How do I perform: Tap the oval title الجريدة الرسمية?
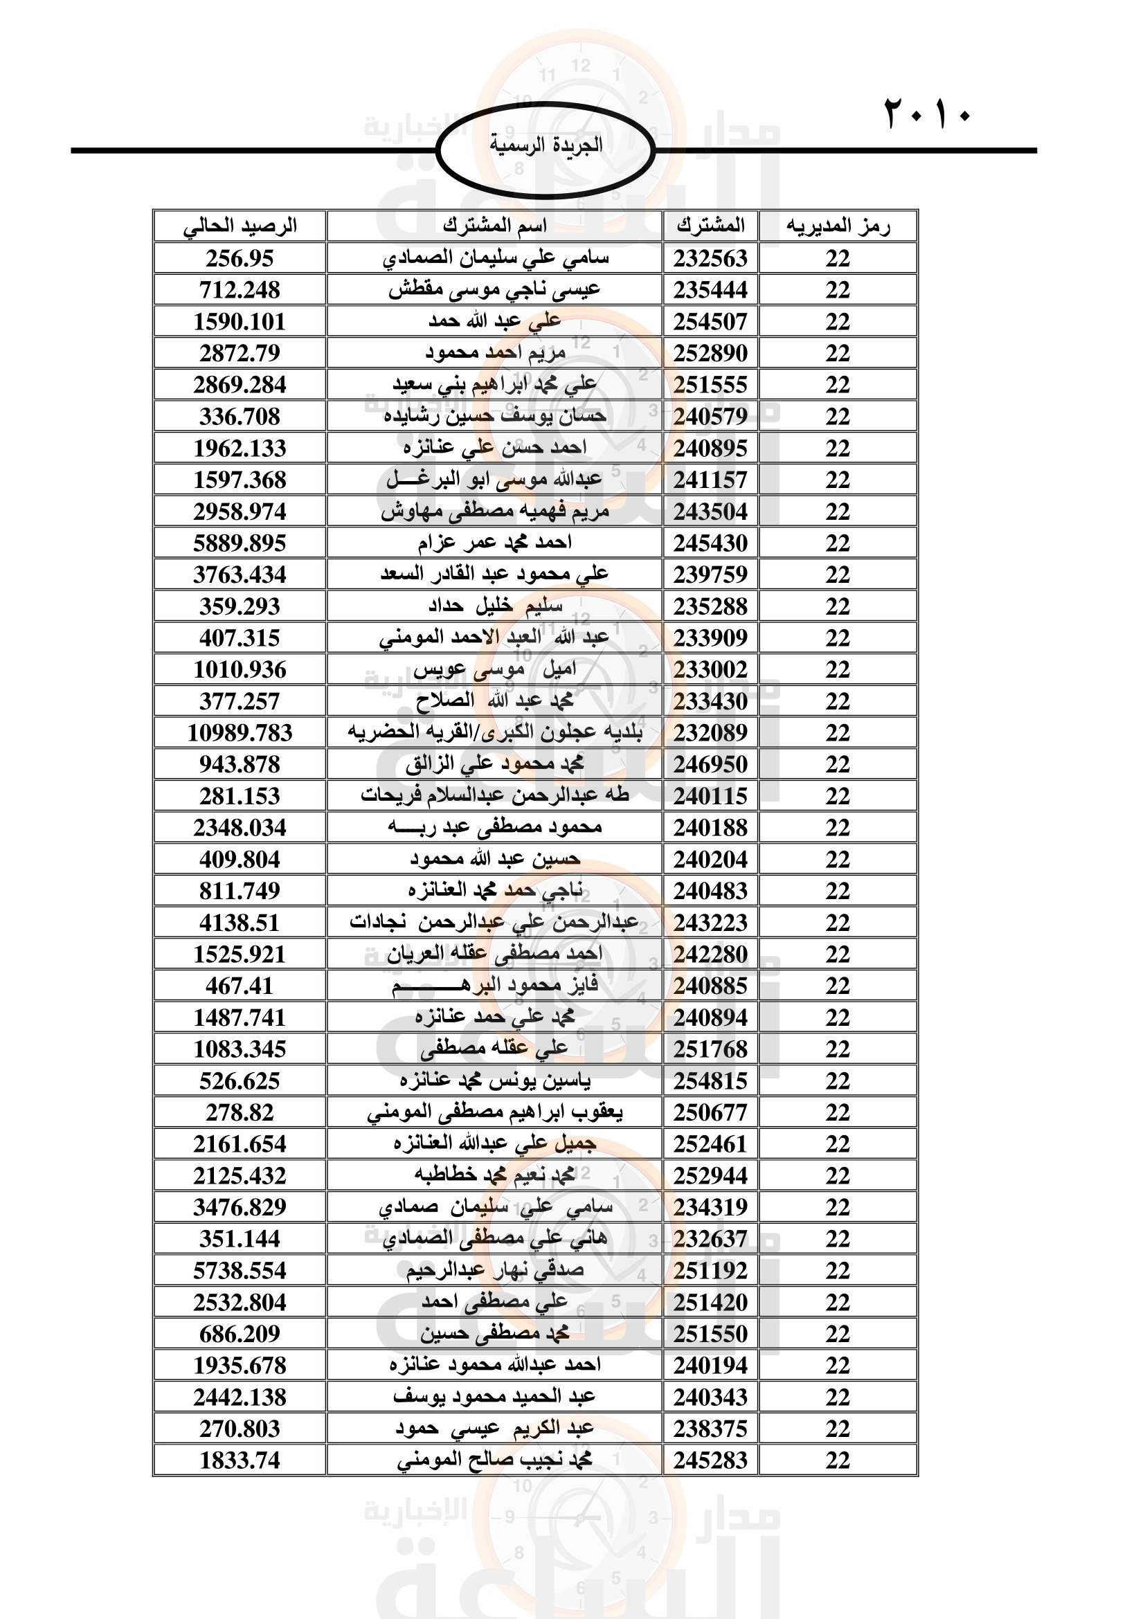coord(546,146)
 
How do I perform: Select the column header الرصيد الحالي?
coord(240,226)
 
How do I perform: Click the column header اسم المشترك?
coord(494,226)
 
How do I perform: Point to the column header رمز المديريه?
coord(838,226)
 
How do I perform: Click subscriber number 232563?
coord(710,259)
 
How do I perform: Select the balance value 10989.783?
coord(240,732)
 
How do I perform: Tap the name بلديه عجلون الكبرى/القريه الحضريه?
coord(494,732)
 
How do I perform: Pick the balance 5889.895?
coord(240,543)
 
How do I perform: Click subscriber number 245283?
coord(710,1460)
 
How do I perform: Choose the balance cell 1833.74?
coord(240,1460)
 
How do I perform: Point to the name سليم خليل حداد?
coord(494,606)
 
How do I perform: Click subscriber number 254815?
coord(710,1080)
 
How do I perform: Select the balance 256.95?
coord(240,259)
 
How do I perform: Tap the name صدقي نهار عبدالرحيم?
coord(494,1270)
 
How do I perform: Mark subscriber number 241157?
coord(710,480)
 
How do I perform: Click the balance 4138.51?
coord(240,922)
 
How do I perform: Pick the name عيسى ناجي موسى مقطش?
coord(494,290)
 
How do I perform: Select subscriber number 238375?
coord(710,1428)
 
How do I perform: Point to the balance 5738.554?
coord(240,1270)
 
